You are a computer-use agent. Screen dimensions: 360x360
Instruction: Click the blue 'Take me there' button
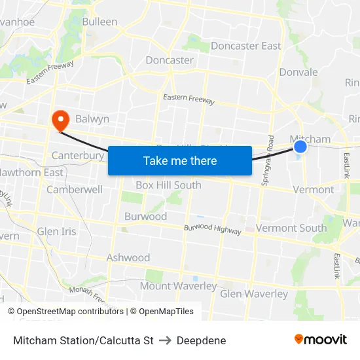(x=180, y=160)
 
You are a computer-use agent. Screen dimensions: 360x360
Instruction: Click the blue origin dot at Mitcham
(x=300, y=147)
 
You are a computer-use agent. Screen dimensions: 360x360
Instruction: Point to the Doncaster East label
(x=245, y=46)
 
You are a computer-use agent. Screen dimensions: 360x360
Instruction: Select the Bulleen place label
(x=99, y=22)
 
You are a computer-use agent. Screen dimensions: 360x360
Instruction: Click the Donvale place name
(x=298, y=72)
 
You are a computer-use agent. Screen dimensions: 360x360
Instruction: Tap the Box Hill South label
(x=168, y=185)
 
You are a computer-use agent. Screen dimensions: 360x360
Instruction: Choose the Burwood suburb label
(x=145, y=217)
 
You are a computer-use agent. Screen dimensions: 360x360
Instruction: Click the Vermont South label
(x=291, y=228)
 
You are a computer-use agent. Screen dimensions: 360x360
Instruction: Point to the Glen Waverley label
(x=254, y=294)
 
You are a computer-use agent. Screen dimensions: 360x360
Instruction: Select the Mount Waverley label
(x=178, y=286)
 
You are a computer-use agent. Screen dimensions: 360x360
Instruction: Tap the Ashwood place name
(x=128, y=258)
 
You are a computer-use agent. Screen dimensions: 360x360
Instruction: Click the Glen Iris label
(x=56, y=232)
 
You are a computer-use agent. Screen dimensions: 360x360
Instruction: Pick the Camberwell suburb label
(x=75, y=189)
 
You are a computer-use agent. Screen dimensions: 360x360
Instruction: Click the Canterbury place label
(x=78, y=155)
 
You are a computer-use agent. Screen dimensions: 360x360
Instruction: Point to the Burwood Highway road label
(x=212, y=229)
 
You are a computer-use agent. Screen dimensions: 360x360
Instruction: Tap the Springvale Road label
(x=267, y=162)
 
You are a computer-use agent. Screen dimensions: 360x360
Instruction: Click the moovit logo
(x=321, y=339)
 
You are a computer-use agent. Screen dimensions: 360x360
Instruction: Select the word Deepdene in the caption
(x=201, y=340)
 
